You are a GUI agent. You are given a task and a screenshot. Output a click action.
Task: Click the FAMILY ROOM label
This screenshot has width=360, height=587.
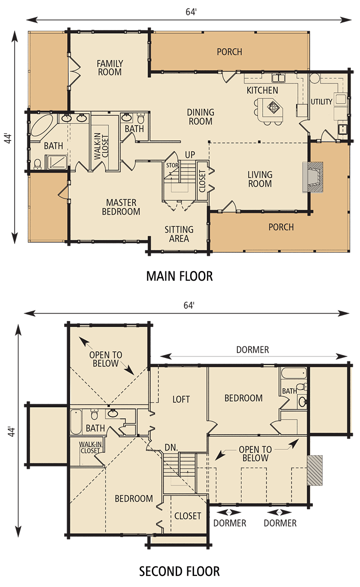pos(109,68)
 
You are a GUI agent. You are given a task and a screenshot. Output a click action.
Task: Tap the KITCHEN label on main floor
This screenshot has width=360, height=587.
pos(262,90)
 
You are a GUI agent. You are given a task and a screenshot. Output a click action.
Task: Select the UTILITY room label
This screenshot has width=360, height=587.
pos(322,102)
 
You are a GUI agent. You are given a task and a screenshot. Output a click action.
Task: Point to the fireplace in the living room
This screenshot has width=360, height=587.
pos(311,176)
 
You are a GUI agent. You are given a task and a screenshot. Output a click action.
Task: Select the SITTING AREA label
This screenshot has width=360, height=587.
pos(179,234)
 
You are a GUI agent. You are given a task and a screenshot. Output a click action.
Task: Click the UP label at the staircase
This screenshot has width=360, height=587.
pos(190,155)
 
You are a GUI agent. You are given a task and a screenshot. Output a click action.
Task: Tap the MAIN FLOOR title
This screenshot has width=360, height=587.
pos(180,276)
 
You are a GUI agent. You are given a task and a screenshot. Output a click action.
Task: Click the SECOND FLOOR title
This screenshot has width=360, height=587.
pos(180,571)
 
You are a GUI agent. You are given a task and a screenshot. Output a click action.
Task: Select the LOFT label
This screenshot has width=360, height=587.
pos(181,400)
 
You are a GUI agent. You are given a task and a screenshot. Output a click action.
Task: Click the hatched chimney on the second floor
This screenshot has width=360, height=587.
pos(315,470)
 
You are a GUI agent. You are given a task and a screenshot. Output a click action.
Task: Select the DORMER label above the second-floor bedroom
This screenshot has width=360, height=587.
pos(252,350)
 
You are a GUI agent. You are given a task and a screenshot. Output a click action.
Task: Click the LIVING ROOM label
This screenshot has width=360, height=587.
pos(260,179)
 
